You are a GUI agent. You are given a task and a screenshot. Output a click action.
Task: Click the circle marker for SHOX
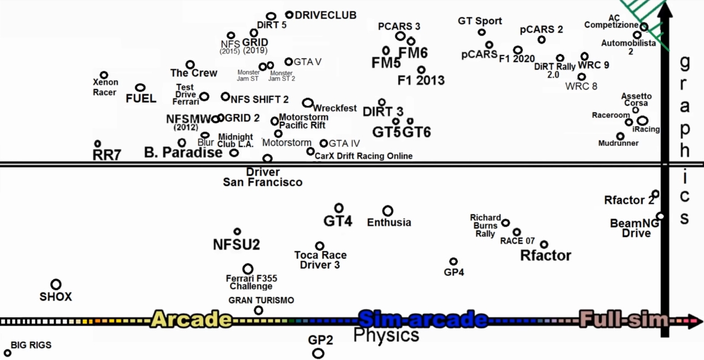pyautogui.click(x=56, y=284)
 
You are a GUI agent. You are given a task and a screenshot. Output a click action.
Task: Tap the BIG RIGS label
pyautogui.click(x=31, y=345)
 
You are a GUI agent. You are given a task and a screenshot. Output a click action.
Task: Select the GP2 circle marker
pyautogui.click(x=318, y=353)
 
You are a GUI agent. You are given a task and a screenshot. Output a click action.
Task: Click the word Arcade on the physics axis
pyautogui.click(x=192, y=319)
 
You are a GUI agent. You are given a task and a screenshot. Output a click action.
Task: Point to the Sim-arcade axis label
pyautogui.click(x=423, y=319)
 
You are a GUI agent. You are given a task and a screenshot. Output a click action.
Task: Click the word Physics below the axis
pyautogui.click(x=386, y=335)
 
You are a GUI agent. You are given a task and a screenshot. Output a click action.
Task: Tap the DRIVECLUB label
pyautogui.click(x=326, y=15)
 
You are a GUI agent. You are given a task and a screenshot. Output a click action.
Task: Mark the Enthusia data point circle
pyautogui.click(x=388, y=211)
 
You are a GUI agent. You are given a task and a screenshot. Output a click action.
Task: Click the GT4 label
pyautogui.click(x=338, y=221)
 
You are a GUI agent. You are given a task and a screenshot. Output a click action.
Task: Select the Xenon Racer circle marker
pyautogui.click(x=104, y=75)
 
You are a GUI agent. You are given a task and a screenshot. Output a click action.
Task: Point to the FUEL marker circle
pyautogui.click(x=140, y=87)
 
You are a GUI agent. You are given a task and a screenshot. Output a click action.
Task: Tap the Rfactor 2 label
pyautogui.click(x=629, y=200)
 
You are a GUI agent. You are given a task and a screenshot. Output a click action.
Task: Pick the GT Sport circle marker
pyautogui.click(x=481, y=32)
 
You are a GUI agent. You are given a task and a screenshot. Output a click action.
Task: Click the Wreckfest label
pyautogui.click(x=335, y=108)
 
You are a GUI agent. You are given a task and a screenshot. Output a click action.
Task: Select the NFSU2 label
pyautogui.click(x=236, y=244)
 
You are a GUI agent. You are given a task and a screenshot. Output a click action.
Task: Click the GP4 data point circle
pyautogui.click(x=453, y=262)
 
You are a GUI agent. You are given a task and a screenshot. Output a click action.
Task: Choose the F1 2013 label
pyautogui.click(x=421, y=81)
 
